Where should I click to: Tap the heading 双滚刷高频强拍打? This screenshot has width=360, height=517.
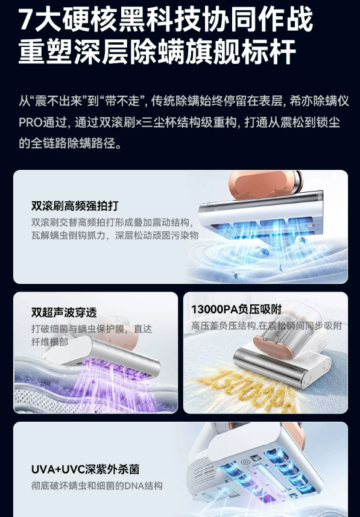pyautogui.click(x=75, y=205)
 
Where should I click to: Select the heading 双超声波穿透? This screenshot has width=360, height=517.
pyautogui.click(x=64, y=312)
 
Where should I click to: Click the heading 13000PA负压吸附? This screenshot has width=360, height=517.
pyautogui.click(x=236, y=309)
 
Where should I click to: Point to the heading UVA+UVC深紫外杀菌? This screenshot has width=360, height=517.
pyautogui.click(x=85, y=469)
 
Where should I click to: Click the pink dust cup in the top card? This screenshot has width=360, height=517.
pyautogui.click(x=264, y=184)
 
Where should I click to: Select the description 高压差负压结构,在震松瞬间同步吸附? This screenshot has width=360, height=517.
pyautogui.click(x=267, y=326)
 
